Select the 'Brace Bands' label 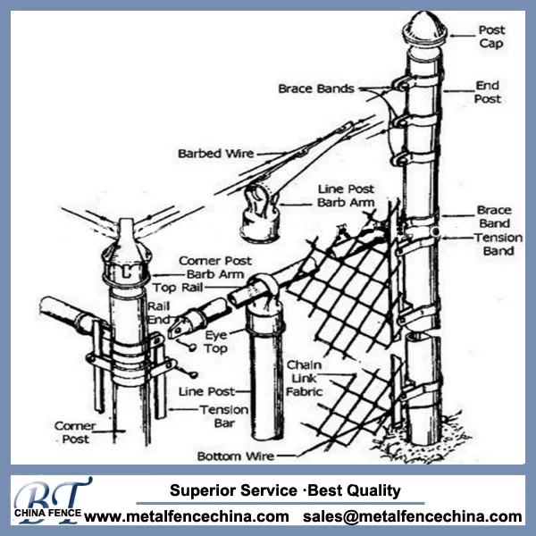[x=315, y=88]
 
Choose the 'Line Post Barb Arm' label [x=346, y=196]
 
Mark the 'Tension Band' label [x=493, y=245]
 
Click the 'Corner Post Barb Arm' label [x=214, y=268]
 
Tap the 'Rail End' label [x=158, y=312]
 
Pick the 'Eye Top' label [x=217, y=341]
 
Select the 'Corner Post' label [x=74, y=433]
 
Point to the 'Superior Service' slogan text [x=231, y=490]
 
